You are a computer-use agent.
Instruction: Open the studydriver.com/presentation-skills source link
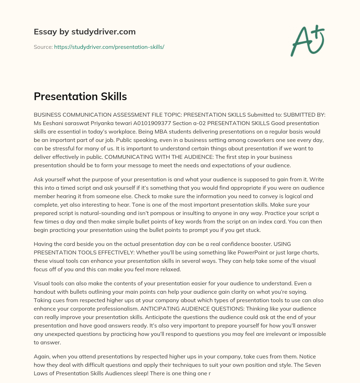click(x=109, y=47)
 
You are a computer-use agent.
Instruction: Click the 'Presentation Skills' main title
click(x=80, y=96)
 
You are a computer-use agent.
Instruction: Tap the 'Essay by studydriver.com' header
click(x=85, y=32)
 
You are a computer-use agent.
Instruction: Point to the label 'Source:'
click(x=43, y=47)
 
